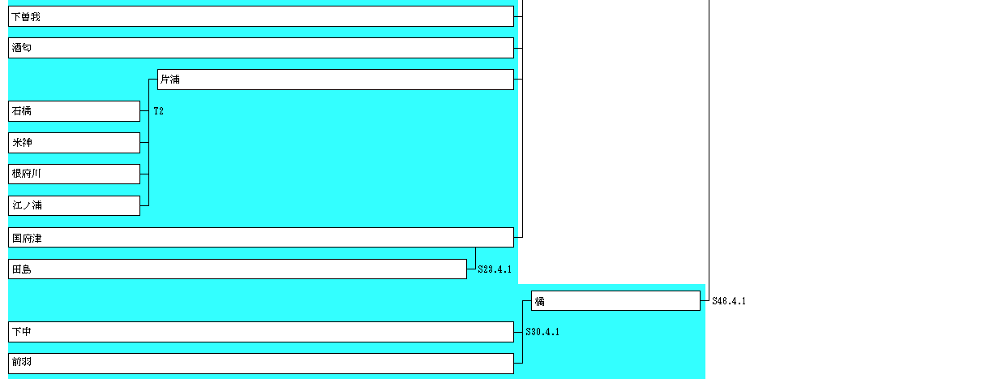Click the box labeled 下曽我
click(x=260, y=16)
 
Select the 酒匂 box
click(x=260, y=48)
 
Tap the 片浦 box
click(x=335, y=80)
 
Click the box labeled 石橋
click(x=74, y=111)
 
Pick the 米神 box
click(x=74, y=143)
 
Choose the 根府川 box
click(x=74, y=174)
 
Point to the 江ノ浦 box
click(x=74, y=205)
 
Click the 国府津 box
click(x=260, y=237)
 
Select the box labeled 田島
click(x=237, y=269)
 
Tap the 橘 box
click(x=615, y=301)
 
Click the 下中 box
click(x=260, y=332)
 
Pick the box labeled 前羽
click(x=260, y=363)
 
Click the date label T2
click(x=158, y=111)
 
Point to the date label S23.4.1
click(x=495, y=269)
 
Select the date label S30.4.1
click(x=542, y=332)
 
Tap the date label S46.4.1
click(x=729, y=301)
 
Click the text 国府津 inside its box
click(x=27, y=238)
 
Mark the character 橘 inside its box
click(x=539, y=301)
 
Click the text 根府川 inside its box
click(x=27, y=174)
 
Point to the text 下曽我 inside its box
click(x=26, y=16)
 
